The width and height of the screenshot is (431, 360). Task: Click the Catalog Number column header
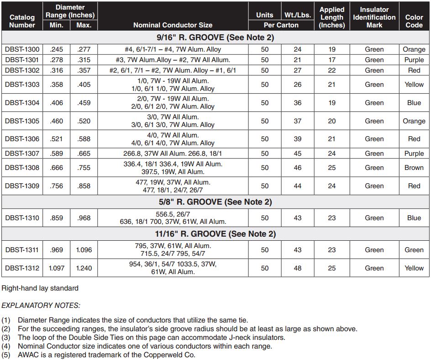tap(22, 21)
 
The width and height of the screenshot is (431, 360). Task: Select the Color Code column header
tap(414, 21)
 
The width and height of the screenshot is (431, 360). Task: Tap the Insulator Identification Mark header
tap(374, 17)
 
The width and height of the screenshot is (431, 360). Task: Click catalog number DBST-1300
tap(22, 49)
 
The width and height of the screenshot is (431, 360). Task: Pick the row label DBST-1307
tap(22, 154)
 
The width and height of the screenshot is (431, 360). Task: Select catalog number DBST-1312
tap(22, 268)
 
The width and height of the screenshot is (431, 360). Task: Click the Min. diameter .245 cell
tap(57, 49)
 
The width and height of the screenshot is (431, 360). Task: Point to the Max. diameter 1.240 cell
tap(84, 268)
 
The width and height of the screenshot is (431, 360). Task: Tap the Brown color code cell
tap(414, 168)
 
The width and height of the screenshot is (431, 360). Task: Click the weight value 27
tap(298, 70)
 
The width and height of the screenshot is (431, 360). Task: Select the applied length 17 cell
tap(332, 60)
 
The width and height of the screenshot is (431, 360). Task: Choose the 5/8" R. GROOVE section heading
tap(215, 202)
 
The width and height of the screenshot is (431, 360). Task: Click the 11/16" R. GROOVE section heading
tap(215, 234)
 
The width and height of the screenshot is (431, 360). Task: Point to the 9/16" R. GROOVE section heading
tap(215, 37)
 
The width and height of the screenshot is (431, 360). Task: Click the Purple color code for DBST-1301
tap(414, 60)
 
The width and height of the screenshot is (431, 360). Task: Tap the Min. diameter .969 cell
tap(57, 250)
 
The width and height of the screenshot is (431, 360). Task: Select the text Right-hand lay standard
tap(40, 288)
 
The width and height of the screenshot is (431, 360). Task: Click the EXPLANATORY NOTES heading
tap(41, 305)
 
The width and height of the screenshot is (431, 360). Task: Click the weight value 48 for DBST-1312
tap(298, 268)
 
